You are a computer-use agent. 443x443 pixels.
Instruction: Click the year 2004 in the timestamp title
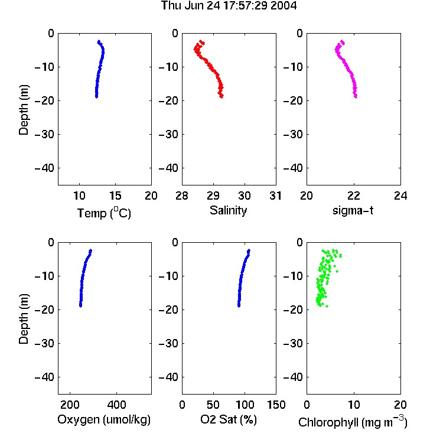click(284, 6)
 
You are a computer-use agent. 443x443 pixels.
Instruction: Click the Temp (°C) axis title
click(104, 213)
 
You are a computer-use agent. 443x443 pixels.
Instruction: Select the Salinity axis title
click(228, 210)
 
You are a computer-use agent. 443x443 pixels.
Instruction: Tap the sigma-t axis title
click(353, 210)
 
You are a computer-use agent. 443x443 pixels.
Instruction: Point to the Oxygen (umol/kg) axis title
click(104, 419)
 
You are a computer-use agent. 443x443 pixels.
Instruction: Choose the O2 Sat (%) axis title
click(229, 419)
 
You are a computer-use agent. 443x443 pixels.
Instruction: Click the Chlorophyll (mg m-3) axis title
click(353, 422)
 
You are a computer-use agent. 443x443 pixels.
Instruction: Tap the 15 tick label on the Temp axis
click(115, 196)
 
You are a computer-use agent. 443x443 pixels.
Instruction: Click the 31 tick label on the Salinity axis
click(275, 196)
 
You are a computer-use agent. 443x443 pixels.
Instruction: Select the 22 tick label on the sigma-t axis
click(353, 196)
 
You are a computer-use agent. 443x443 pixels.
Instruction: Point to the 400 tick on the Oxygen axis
click(116, 405)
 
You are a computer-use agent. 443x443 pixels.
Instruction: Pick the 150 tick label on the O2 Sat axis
click(276, 405)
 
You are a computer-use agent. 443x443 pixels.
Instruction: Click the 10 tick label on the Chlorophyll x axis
click(353, 405)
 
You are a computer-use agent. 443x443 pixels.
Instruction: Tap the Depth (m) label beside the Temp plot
click(24, 110)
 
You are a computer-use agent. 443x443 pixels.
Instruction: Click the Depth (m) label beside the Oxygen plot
click(24, 319)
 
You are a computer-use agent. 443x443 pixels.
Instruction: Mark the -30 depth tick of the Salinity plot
click(168, 134)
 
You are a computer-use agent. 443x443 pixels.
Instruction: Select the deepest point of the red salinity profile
click(221, 97)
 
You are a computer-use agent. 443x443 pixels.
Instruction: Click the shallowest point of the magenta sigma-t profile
click(343, 42)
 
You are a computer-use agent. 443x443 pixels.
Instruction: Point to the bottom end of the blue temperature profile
click(97, 97)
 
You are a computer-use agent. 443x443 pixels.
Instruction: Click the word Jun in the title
click(195, 6)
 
